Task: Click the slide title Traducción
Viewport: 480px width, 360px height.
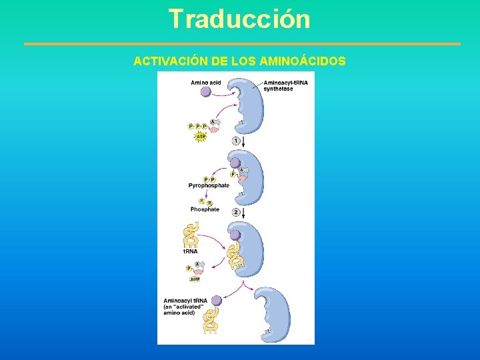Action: pos(239,19)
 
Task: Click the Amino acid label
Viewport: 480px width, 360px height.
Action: pos(206,83)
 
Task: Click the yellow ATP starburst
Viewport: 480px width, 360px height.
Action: pos(200,137)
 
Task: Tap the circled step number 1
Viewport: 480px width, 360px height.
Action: pos(236,141)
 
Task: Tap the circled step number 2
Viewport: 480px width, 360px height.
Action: pos(236,211)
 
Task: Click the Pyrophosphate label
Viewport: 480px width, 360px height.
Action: pos(209,185)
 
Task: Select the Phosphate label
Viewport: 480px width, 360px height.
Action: pos(205,209)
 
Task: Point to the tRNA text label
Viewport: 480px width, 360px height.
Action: pos(191,252)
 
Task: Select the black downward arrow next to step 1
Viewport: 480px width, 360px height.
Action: pos(245,141)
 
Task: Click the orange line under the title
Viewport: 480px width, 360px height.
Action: pos(242,44)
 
